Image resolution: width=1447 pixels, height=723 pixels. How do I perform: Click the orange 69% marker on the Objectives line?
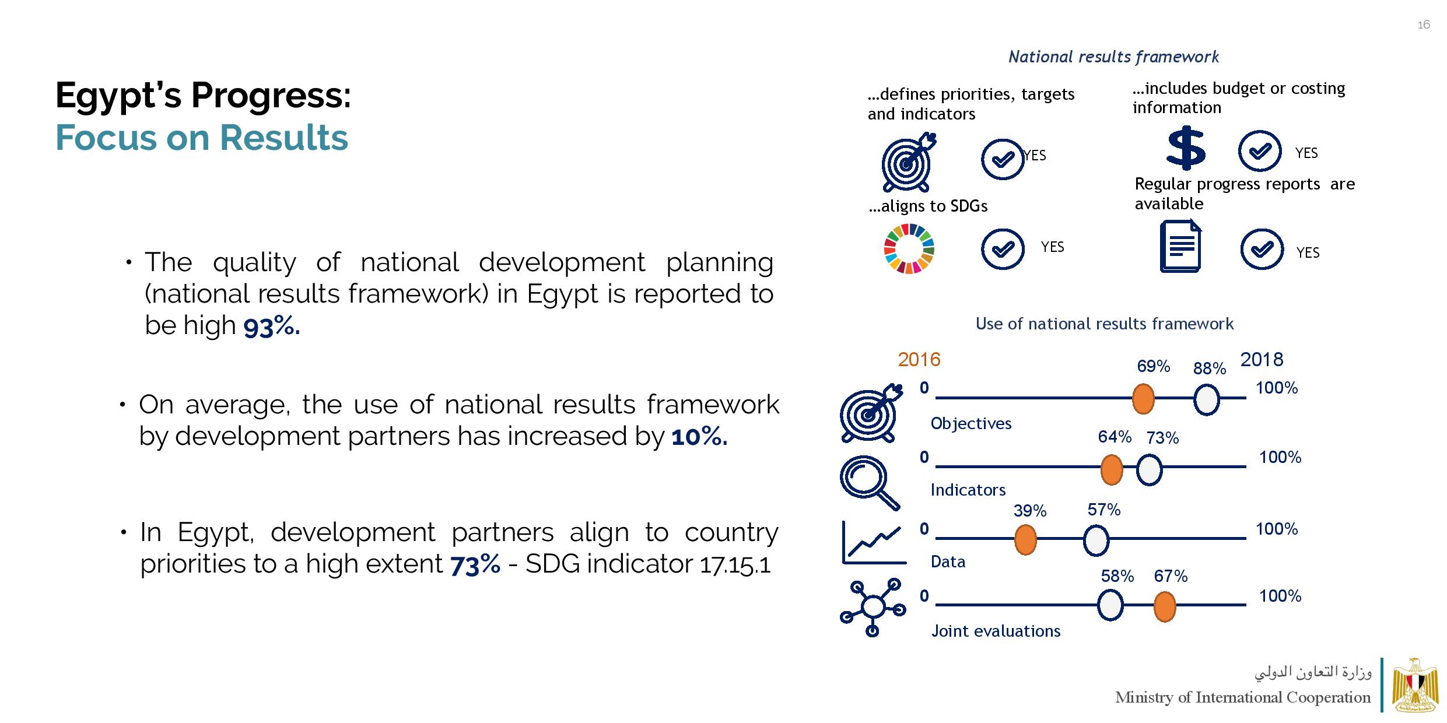click(x=1143, y=399)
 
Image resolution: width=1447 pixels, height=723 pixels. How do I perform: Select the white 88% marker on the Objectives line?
click(x=1206, y=400)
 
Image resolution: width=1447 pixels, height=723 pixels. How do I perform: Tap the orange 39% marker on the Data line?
click(x=1025, y=540)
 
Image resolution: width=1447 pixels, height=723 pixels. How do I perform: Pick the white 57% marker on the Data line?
click(x=1096, y=540)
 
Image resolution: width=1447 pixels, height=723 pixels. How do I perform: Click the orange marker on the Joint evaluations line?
click(x=1164, y=606)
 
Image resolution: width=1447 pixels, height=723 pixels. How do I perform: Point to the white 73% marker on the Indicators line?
click(x=1149, y=470)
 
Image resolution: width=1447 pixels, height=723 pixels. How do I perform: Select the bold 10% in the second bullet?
click(x=699, y=437)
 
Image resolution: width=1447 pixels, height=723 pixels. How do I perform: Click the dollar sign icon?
click(x=1186, y=150)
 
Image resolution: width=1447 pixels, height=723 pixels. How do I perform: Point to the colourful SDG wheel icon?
click(x=909, y=249)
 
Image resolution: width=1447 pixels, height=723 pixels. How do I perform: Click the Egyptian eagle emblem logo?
click(x=1415, y=685)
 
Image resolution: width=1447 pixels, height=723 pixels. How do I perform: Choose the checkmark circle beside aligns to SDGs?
click(x=1003, y=249)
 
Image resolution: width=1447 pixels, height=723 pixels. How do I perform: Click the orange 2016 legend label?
click(x=919, y=360)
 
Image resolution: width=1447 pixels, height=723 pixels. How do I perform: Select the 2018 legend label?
click(x=1262, y=360)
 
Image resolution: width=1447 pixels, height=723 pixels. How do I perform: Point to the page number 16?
click(x=1424, y=24)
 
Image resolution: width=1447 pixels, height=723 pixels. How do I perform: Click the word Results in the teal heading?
click(x=283, y=138)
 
